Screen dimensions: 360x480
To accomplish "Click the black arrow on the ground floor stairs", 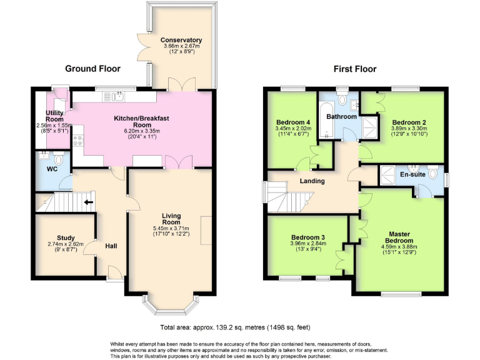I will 89,202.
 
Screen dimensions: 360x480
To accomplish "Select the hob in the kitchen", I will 79,141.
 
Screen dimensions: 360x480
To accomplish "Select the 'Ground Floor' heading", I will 93,68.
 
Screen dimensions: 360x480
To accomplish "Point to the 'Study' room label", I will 66,237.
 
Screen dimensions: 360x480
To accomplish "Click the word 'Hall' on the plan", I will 111,246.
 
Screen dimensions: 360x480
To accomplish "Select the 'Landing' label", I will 312,181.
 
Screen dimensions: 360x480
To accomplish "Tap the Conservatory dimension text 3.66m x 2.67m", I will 181,46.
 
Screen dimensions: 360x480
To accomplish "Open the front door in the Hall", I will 115,271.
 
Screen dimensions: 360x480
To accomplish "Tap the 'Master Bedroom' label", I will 397,237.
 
